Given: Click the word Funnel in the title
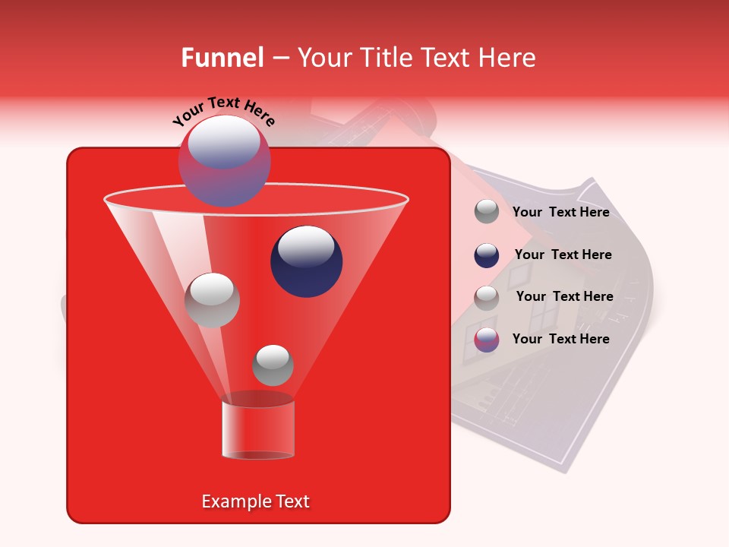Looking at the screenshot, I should (222, 58).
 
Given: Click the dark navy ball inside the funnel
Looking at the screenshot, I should (306, 261).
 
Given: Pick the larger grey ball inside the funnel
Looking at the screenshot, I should (212, 299).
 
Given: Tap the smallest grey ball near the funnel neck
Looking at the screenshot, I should (273, 365).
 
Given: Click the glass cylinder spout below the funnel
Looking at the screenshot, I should (257, 429).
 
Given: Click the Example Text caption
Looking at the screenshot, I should (255, 501).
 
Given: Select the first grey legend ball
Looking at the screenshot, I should (487, 212).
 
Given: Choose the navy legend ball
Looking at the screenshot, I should (487, 255).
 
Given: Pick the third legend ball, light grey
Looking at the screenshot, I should (487, 297).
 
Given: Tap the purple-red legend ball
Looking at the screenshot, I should (487, 339).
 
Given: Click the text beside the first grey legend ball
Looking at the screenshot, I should (560, 213).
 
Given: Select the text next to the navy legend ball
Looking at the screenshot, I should (563, 255).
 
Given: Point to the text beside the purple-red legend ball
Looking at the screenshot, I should (560, 339).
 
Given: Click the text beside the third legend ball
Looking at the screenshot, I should (564, 296).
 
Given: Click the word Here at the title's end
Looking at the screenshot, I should (509, 58).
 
